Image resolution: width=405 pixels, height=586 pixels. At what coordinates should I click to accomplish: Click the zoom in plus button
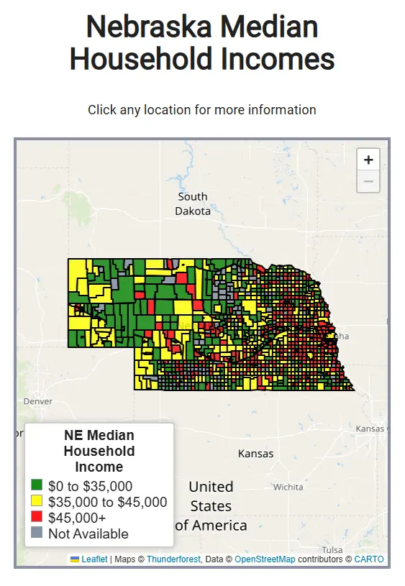click(x=368, y=160)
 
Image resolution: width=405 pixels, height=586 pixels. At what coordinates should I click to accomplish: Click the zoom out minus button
click(x=368, y=181)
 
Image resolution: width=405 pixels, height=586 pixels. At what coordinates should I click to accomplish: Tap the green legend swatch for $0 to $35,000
click(x=37, y=486)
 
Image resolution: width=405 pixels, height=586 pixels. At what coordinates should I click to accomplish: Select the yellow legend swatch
click(x=37, y=502)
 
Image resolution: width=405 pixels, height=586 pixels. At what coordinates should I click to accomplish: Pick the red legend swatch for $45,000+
click(x=37, y=518)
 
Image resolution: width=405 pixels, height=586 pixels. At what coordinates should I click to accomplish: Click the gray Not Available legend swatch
click(x=37, y=534)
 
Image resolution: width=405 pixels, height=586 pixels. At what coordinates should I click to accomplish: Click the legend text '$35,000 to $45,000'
click(x=107, y=502)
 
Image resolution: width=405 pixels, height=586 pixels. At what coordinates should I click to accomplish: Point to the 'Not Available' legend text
click(x=88, y=534)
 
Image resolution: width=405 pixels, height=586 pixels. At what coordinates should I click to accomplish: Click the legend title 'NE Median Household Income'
click(x=99, y=451)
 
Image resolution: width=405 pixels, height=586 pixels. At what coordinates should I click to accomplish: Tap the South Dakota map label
click(x=193, y=203)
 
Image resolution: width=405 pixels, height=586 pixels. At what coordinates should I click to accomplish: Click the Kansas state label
click(x=255, y=454)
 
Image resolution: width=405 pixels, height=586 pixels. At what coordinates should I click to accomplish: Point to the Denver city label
click(x=37, y=400)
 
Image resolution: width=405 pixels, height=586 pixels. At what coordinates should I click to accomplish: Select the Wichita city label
click(x=288, y=487)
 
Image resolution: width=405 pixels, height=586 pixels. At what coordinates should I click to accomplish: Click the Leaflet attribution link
click(x=94, y=559)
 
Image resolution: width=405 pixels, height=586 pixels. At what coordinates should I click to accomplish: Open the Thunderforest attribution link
click(x=170, y=559)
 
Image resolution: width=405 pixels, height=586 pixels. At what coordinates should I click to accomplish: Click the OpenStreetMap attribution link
click(x=265, y=559)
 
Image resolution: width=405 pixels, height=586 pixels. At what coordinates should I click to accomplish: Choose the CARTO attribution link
click(x=369, y=559)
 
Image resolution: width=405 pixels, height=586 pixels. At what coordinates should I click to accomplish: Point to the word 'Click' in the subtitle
click(x=101, y=110)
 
